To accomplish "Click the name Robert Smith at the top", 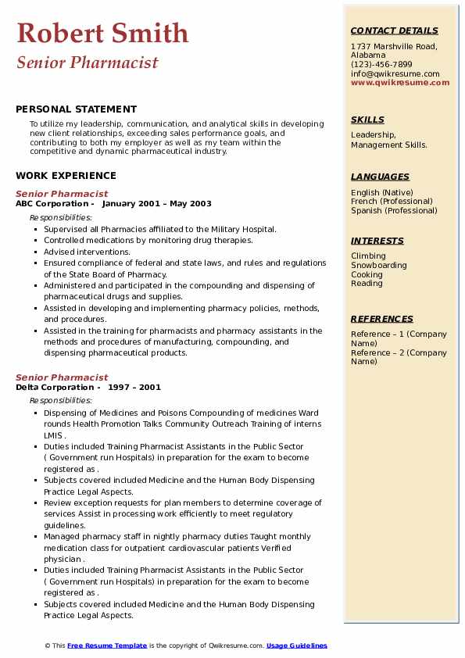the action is [102, 33].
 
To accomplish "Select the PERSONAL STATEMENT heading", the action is [76, 109].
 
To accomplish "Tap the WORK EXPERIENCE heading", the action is [66, 176].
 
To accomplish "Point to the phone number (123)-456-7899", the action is [381, 65].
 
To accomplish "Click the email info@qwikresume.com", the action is [395, 73].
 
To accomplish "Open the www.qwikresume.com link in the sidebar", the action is [400, 82].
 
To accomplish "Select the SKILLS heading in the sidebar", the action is [367, 120].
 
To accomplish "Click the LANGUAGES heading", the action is [380, 177].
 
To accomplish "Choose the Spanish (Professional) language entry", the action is [394, 210].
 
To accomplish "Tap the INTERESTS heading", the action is [377, 241].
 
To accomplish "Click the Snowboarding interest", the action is [379, 265].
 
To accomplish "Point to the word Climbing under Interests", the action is [368, 256].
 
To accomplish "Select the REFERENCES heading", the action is [382, 319].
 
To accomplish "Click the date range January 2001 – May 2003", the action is [156, 204].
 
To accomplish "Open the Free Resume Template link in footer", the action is [107, 645].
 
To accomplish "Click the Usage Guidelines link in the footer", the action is [296, 645].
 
